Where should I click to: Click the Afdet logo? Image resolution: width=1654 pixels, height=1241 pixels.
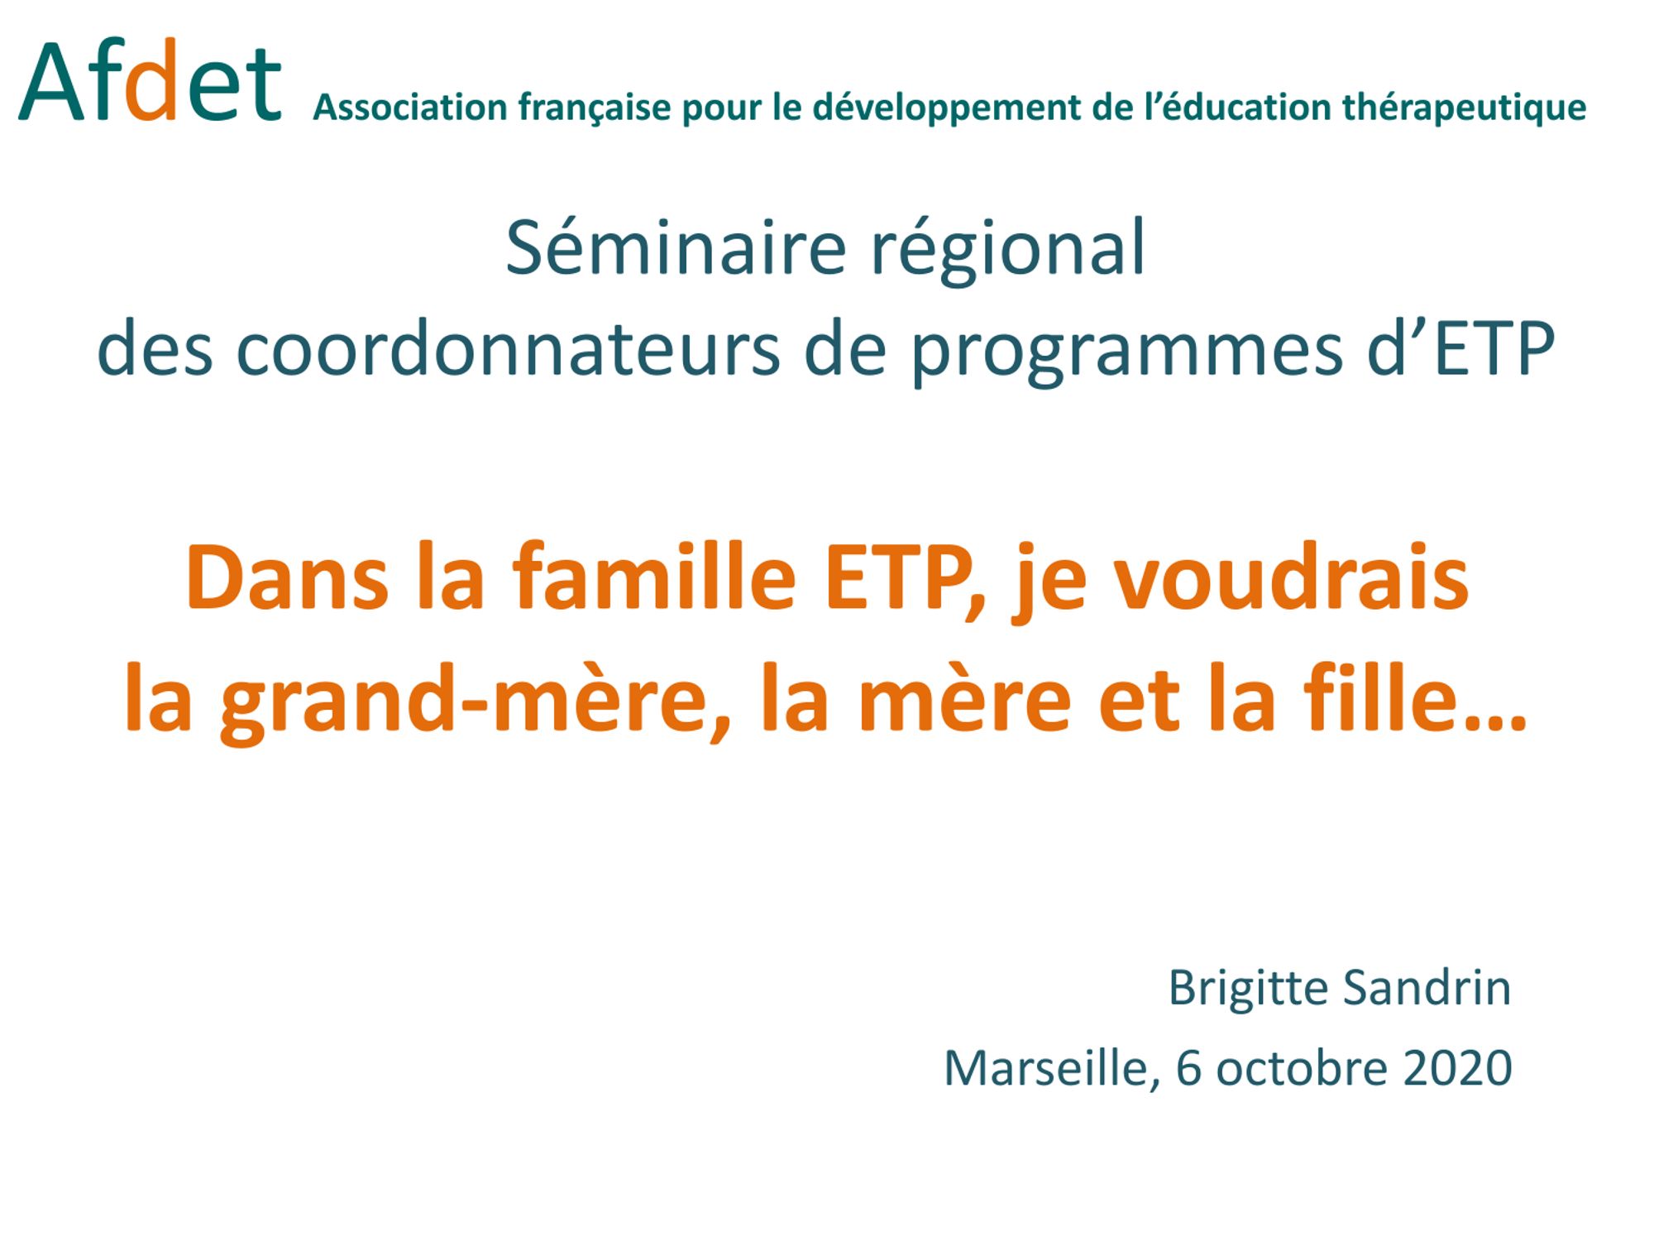coord(150,80)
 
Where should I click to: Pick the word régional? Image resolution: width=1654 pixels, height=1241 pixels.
coord(1008,251)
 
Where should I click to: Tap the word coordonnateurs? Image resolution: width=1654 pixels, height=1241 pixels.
coord(508,350)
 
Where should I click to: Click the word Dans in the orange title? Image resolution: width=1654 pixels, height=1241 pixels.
coord(287,577)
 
